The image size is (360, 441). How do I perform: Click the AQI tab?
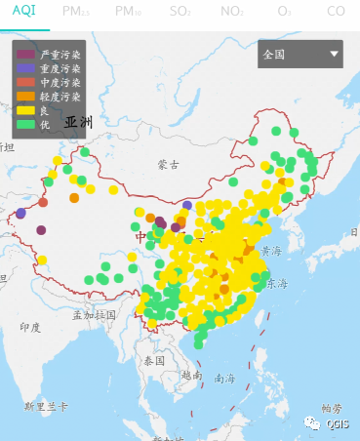(x=21, y=11)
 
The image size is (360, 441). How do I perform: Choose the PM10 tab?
(x=128, y=11)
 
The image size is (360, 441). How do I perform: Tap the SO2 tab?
(x=180, y=11)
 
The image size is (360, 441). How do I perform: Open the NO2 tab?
(x=232, y=11)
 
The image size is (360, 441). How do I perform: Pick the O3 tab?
(x=284, y=11)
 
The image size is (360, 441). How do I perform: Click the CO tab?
(x=336, y=11)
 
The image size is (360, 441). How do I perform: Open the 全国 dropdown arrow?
(x=335, y=55)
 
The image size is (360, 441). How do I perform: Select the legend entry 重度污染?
(x=59, y=69)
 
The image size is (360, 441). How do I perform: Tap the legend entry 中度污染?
(x=59, y=83)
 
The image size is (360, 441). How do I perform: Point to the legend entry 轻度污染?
(x=59, y=97)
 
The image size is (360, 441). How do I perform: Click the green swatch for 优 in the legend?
(x=25, y=124)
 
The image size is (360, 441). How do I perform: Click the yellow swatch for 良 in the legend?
(x=25, y=110)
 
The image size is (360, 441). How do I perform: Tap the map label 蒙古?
(x=169, y=165)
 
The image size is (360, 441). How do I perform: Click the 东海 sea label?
(x=277, y=284)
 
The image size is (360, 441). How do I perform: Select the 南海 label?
(x=224, y=378)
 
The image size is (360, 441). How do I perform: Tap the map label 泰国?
(x=154, y=360)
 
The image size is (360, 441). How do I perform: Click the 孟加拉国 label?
(x=94, y=314)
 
